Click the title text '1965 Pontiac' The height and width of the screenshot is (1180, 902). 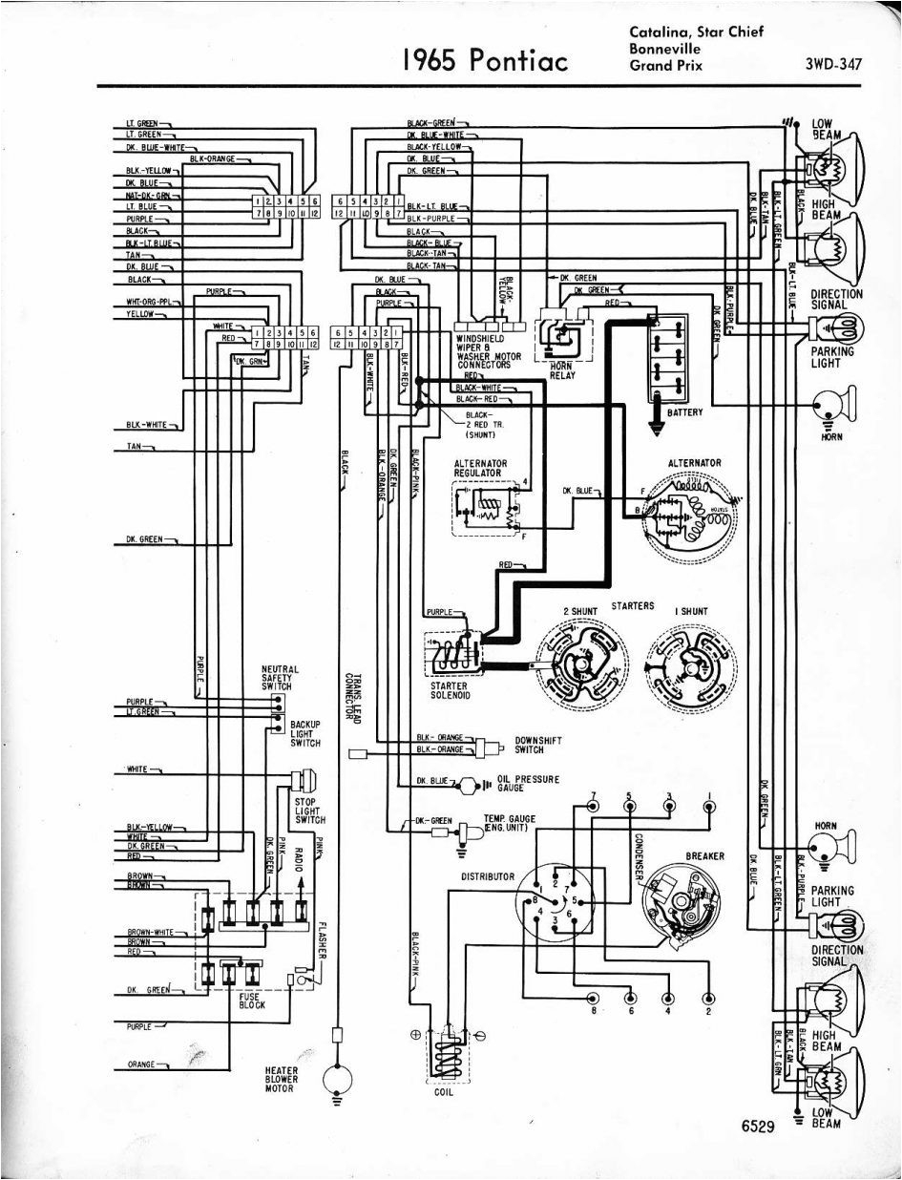click(x=485, y=60)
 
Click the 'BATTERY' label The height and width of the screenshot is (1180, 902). click(x=684, y=412)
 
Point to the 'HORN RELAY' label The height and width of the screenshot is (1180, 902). click(x=561, y=370)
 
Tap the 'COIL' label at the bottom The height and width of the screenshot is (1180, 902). click(x=445, y=1092)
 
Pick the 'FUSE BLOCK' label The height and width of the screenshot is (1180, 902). click(x=252, y=1000)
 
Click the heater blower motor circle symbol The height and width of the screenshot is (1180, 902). click(x=337, y=1078)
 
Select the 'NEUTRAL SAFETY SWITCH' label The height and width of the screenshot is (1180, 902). click(x=280, y=677)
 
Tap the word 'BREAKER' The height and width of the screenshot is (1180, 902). click(x=705, y=856)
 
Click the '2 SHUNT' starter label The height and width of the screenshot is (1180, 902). click(x=578, y=611)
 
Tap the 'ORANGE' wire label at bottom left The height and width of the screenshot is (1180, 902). click(x=143, y=1064)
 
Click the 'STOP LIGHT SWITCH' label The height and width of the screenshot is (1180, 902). click(x=310, y=811)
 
